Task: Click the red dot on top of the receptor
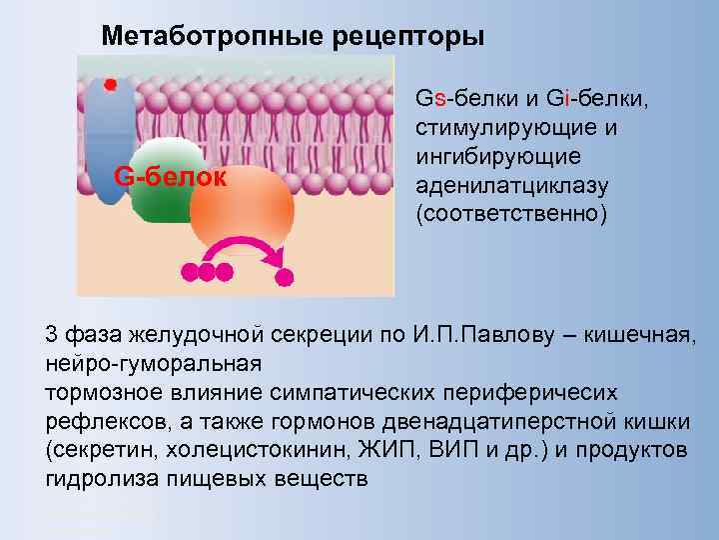111,83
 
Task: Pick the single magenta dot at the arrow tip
286,276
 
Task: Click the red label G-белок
171,177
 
